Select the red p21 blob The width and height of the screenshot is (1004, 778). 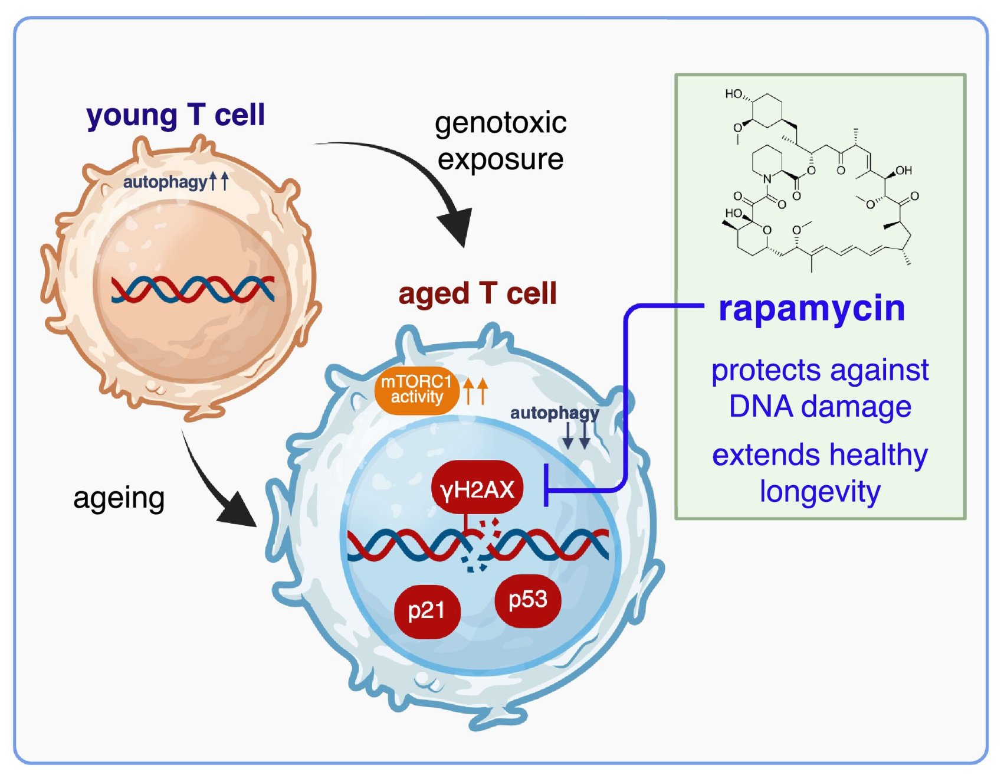(426, 610)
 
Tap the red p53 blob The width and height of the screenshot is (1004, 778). (527, 600)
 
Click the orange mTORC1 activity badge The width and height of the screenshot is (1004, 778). (416, 390)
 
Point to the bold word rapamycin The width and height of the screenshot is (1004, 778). (812, 308)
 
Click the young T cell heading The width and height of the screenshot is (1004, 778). (175, 115)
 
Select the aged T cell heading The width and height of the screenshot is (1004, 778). (477, 293)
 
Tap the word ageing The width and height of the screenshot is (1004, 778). (119, 498)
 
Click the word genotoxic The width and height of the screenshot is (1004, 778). (500, 123)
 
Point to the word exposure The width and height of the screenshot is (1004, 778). (500, 159)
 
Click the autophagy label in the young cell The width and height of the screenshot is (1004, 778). (165, 182)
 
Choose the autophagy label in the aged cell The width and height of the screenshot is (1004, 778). (554, 413)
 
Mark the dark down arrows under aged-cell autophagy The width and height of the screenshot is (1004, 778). (576, 436)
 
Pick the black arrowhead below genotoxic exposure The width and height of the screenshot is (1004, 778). (457, 227)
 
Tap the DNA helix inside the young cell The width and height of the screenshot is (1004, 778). (193, 289)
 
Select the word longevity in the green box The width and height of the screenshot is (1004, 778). (820, 492)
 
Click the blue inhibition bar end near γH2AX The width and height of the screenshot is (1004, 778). (547, 485)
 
